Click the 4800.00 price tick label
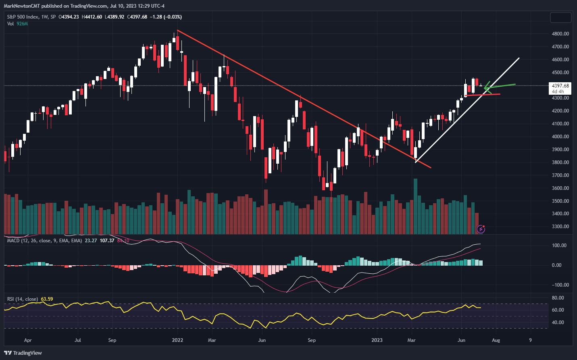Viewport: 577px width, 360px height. (x=560, y=34)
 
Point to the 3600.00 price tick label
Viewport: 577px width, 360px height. (x=560, y=188)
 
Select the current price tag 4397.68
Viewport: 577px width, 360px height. (x=560, y=86)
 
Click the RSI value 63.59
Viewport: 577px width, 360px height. (x=47, y=299)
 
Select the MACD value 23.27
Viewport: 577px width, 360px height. (x=91, y=241)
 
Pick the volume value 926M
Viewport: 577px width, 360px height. (x=22, y=24)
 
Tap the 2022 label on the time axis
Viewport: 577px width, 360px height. (x=177, y=340)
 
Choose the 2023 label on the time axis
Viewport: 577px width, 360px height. (x=377, y=340)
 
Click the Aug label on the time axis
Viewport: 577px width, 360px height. (x=496, y=340)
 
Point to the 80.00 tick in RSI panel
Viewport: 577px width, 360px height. (x=558, y=298)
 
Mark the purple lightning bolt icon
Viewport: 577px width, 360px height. (x=481, y=229)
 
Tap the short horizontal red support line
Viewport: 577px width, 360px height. (x=482, y=95)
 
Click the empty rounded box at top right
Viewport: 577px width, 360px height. (x=560, y=17)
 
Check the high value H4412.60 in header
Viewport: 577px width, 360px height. (x=92, y=17)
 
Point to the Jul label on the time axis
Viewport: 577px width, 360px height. (x=78, y=340)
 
